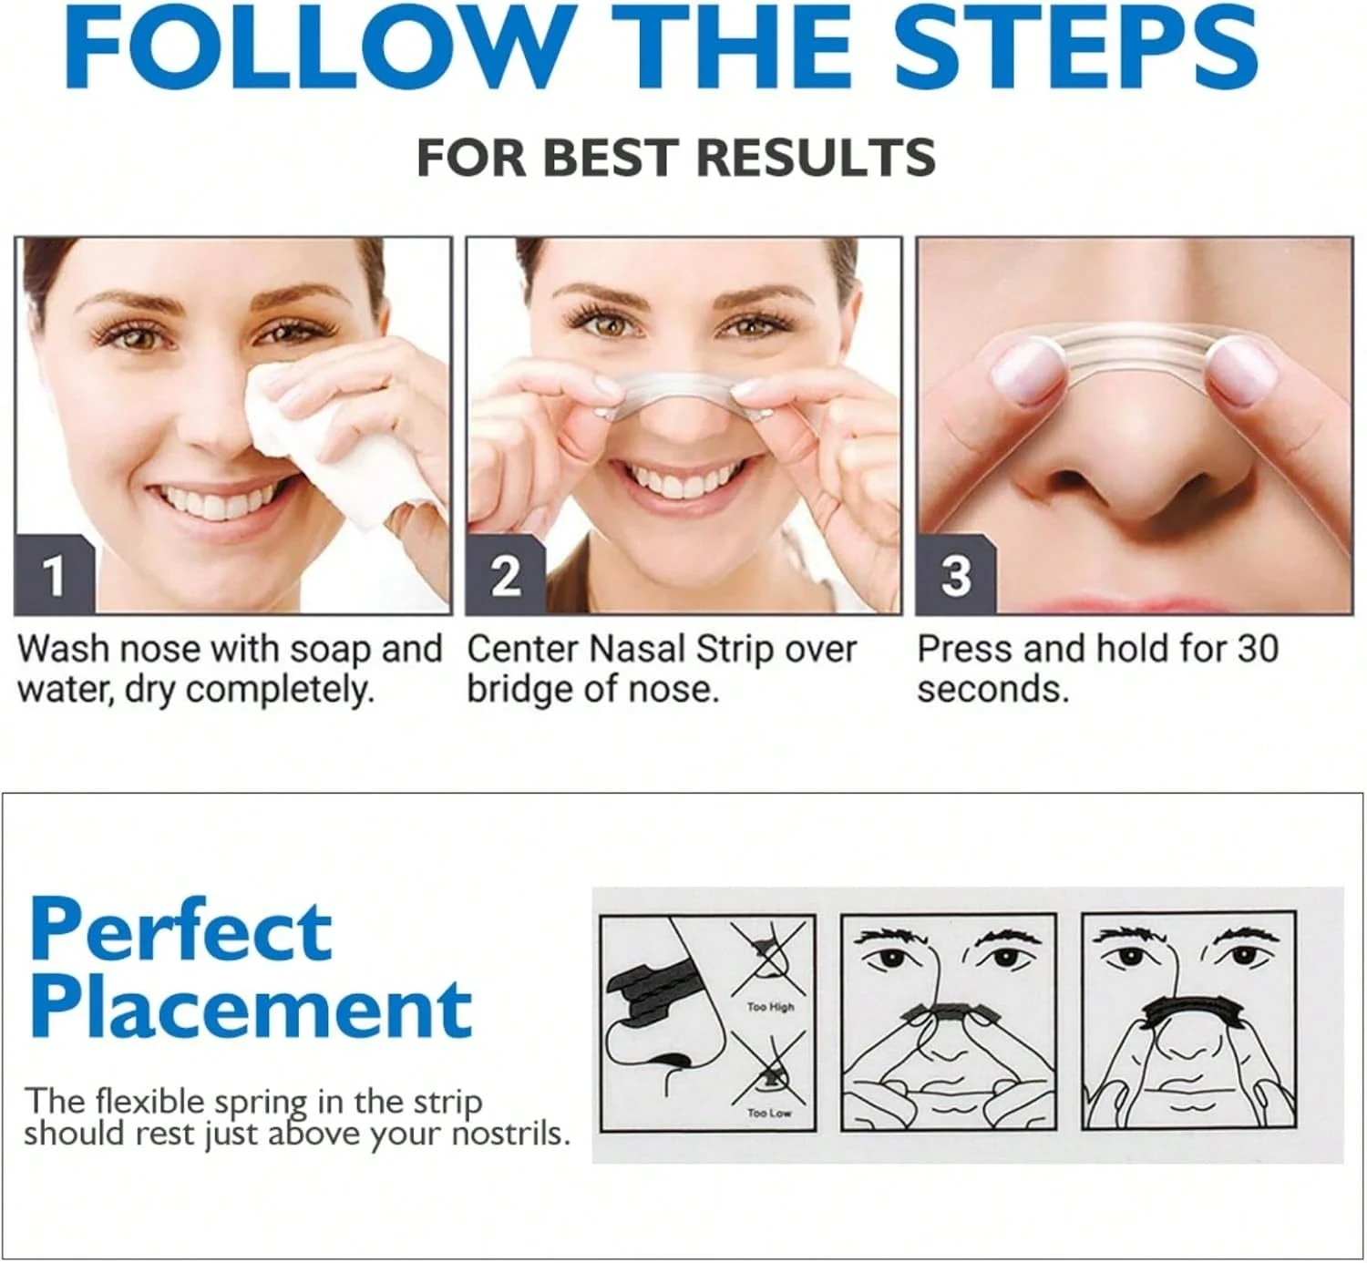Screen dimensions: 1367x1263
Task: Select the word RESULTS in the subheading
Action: click(x=817, y=158)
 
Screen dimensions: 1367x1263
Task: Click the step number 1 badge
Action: click(x=55, y=575)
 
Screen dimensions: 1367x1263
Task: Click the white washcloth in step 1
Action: click(x=344, y=440)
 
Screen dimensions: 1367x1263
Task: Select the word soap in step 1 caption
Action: click(x=330, y=650)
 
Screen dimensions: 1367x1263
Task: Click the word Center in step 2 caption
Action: click(x=524, y=649)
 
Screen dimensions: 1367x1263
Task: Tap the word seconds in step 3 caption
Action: click(x=992, y=690)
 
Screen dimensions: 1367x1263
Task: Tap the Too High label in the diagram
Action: click(x=771, y=1007)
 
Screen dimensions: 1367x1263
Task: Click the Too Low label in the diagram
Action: click(x=769, y=1113)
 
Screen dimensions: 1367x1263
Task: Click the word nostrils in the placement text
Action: click(x=510, y=1135)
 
